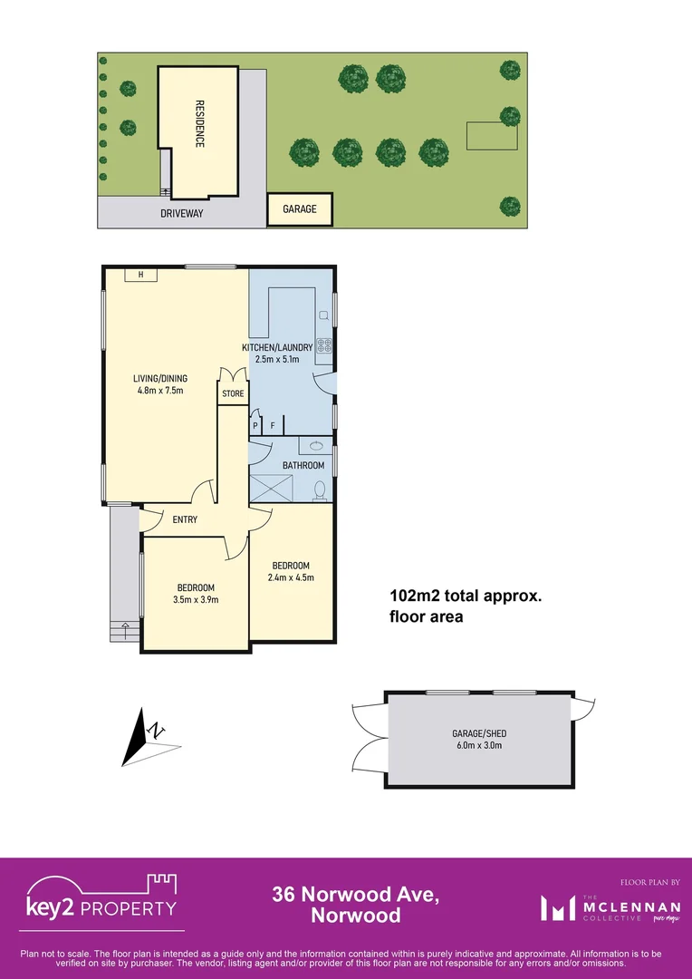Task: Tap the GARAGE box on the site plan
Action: tap(300, 209)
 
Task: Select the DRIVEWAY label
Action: tap(182, 214)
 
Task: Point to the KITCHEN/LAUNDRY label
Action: tap(277, 347)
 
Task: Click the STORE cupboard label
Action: tap(233, 393)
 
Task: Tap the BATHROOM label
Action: tap(302, 465)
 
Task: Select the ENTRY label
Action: tap(185, 519)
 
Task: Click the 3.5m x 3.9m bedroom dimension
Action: tap(196, 599)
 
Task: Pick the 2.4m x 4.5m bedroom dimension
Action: tap(291, 577)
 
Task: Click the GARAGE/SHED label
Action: tap(477, 733)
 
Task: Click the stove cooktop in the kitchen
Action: tap(324, 344)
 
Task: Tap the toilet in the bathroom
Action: tap(319, 489)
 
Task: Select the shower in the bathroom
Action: tap(271, 487)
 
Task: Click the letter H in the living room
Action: tap(140, 275)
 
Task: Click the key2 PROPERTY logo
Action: tap(100, 901)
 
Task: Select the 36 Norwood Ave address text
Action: tap(356, 896)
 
